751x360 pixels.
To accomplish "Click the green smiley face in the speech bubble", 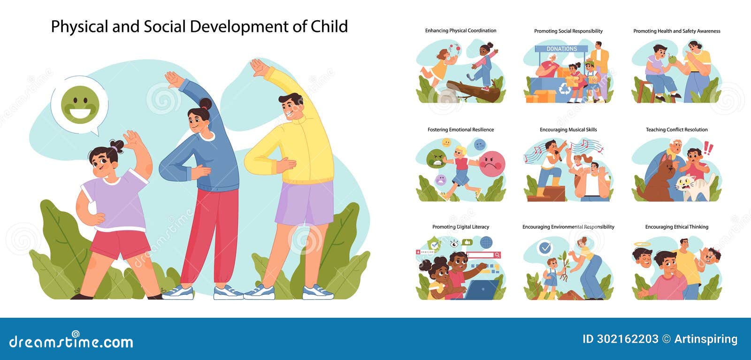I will pos(80,105).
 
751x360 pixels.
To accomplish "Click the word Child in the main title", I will pos(329,27).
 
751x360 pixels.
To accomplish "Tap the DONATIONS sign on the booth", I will pos(561,49).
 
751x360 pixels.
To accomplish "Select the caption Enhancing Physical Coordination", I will pos(460,31).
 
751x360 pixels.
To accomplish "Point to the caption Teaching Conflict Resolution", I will pos(676,130).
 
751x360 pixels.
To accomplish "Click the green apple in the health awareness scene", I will pos(673,60).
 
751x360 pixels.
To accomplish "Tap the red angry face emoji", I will pos(491,163).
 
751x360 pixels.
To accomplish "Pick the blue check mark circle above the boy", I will pos(545,247).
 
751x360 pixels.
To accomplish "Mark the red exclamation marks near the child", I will pos(708,149).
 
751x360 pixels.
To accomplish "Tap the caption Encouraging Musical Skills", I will pos(568,130).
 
